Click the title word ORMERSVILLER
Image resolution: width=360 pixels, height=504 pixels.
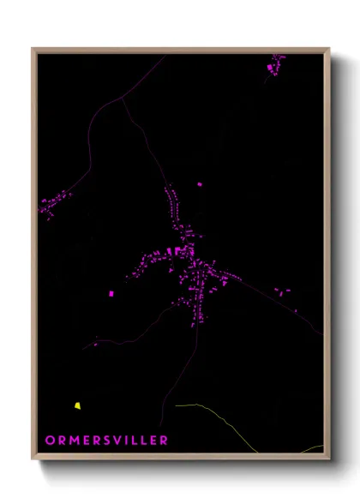click(x=107, y=440)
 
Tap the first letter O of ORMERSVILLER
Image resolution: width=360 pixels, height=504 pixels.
click(x=50, y=440)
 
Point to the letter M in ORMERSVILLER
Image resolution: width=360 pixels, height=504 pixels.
click(x=74, y=440)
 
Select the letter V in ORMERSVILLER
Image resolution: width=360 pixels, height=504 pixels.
click(x=118, y=440)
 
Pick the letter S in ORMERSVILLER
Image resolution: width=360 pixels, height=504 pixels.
click(x=107, y=440)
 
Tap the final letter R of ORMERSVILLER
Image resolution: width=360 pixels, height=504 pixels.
click(x=165, y=440)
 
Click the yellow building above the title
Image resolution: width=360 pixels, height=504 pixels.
click(x=77, y=405)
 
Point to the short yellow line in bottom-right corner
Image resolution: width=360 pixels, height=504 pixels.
click(x=313, y=447)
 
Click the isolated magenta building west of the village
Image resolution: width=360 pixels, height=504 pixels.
click(x=111, y=294)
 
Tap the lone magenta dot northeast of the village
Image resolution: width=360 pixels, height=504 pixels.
click(x=200, y=183)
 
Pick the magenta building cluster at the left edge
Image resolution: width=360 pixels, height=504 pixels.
click(x=55, y=204)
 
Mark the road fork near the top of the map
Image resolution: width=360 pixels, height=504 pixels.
click(x=123, y=97)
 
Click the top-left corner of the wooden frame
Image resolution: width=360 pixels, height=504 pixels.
click(x=33, y=49)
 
